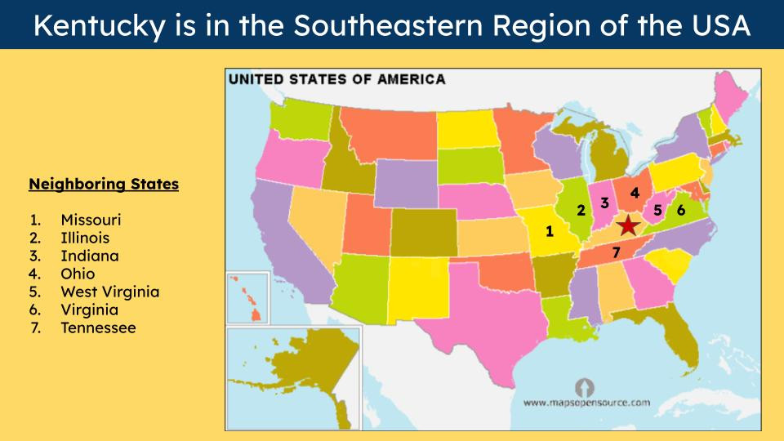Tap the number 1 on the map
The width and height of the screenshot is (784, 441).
(x=550, y=231)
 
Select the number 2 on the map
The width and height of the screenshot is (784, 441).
(x=581, y=210)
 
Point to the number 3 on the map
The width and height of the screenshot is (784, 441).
(x=605, y=203)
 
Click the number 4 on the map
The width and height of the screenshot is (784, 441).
(x=635, y=193)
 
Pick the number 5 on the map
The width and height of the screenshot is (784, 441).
(x=657, y=210)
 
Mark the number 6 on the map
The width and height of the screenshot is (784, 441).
(x=681, y=210)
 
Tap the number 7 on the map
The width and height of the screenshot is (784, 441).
(x=616, y=252)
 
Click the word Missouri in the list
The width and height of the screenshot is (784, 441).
(x=91, y=220)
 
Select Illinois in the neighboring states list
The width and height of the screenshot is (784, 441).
(x=85, y=238)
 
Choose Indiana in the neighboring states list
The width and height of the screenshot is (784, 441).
(x=89, y=256)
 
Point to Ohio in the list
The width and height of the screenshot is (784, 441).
(x=78, y=274)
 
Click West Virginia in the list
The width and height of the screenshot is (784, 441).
(x=110, y=292)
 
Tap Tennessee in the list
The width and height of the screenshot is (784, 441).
(x=98, y=328)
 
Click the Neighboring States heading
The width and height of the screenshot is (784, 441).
(x=104, y=185)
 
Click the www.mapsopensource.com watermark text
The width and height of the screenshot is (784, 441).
(x=586, y=403)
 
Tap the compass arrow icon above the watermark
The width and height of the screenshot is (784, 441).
(x=586, y=385)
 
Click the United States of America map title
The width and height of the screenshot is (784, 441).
(x=336, y=79)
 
